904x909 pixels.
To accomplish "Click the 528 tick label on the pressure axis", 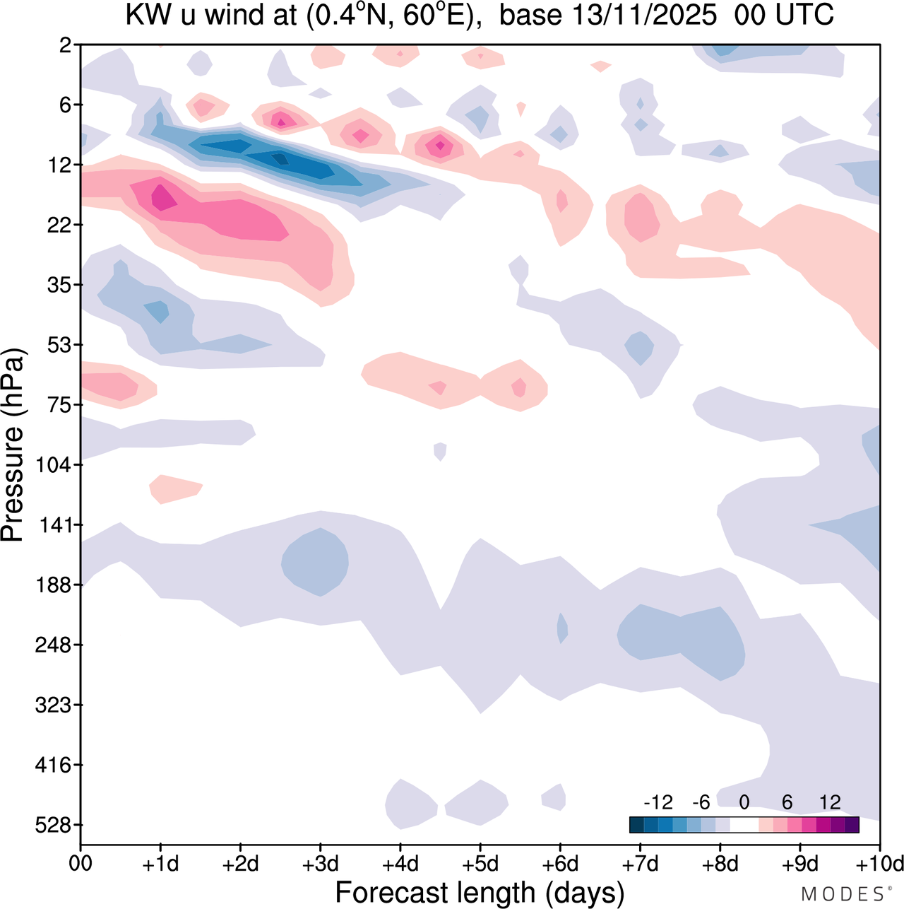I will (x=55, y=825).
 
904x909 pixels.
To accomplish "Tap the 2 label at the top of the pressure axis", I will (x=66, y=45).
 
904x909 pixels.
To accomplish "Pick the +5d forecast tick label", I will (x=480, y=864).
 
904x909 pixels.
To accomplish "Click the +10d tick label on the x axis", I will (x=880, y=864).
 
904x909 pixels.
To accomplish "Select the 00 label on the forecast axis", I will (x=81, y=864).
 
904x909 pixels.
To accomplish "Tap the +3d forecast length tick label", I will (x=321, y=864).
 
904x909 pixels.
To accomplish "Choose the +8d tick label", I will (x=720, y=864).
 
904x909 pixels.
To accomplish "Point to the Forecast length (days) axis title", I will (x=480, y=893).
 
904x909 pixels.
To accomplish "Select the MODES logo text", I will (x=844, y=894).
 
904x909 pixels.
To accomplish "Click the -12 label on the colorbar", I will (x=658, y=802).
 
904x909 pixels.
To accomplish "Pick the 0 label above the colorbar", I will (x=744, y=802).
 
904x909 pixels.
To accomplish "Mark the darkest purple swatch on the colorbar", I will (x=852, y=824).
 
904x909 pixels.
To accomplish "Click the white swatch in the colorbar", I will (x=744, y=824).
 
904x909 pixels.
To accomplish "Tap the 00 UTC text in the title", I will (x=784, y=15).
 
